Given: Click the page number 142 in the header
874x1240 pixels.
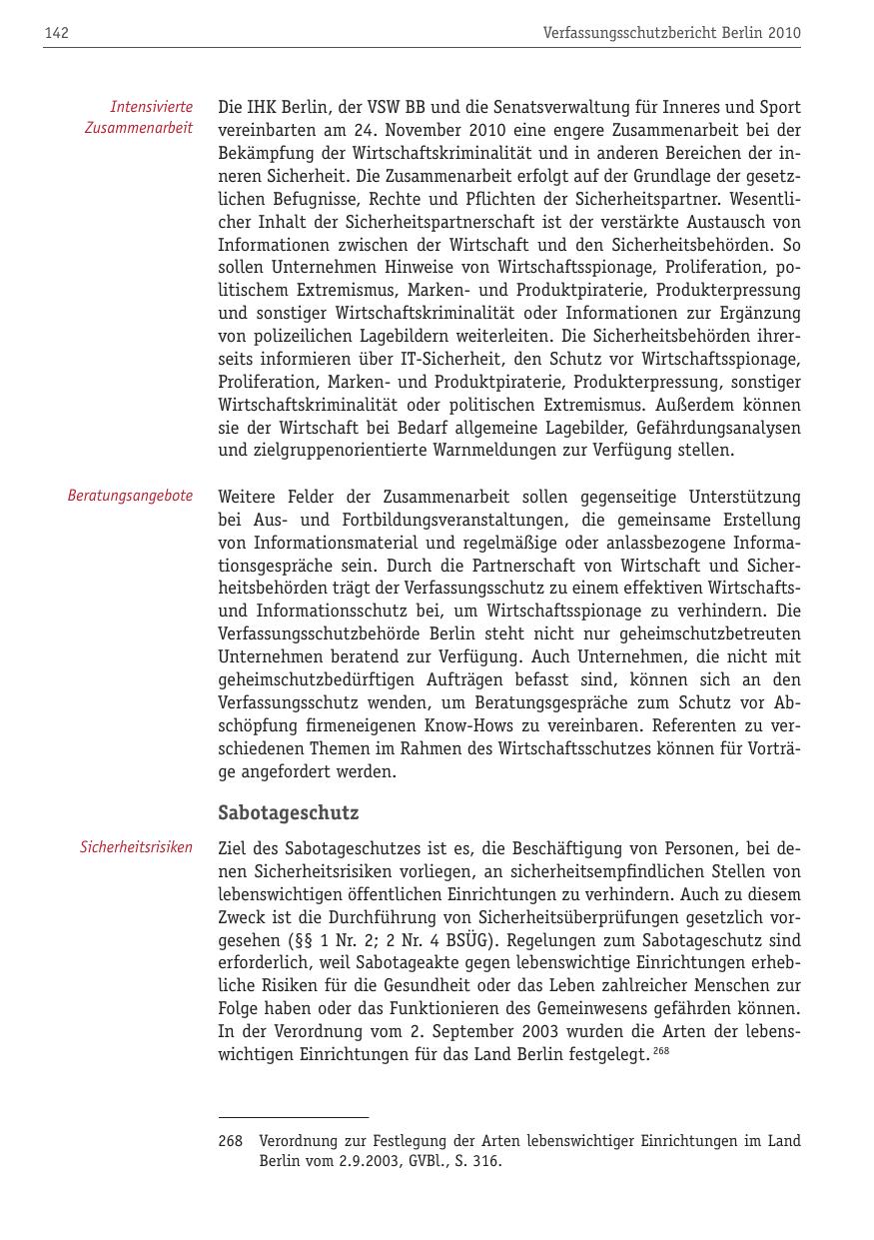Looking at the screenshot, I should [x=56, y=34].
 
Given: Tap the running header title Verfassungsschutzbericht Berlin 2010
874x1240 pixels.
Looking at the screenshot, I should [x=671, y=34].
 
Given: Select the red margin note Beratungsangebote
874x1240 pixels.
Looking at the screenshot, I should [x=130, y=496].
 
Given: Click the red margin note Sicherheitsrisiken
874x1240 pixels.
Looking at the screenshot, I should [x=136, y=847].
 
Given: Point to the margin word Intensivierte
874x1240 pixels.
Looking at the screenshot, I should [x=152, y=106].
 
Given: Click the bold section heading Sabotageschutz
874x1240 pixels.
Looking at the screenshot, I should [x=288, y=812].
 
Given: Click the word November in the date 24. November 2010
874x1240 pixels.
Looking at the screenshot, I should [x=424, y=130].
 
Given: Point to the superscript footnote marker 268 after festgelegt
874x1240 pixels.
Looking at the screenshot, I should [x=661, y=1049].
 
